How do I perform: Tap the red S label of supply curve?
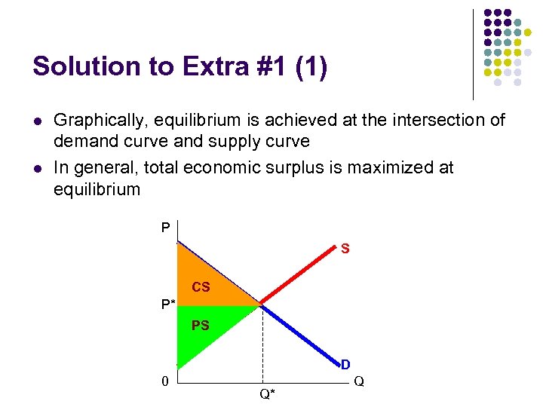[345, 248]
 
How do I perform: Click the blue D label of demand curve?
[345, 365]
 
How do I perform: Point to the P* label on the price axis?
[168, 304]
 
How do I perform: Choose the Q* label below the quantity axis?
[267, 393]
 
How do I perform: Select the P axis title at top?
[165, 227]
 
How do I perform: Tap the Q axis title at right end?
[359, 382]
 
